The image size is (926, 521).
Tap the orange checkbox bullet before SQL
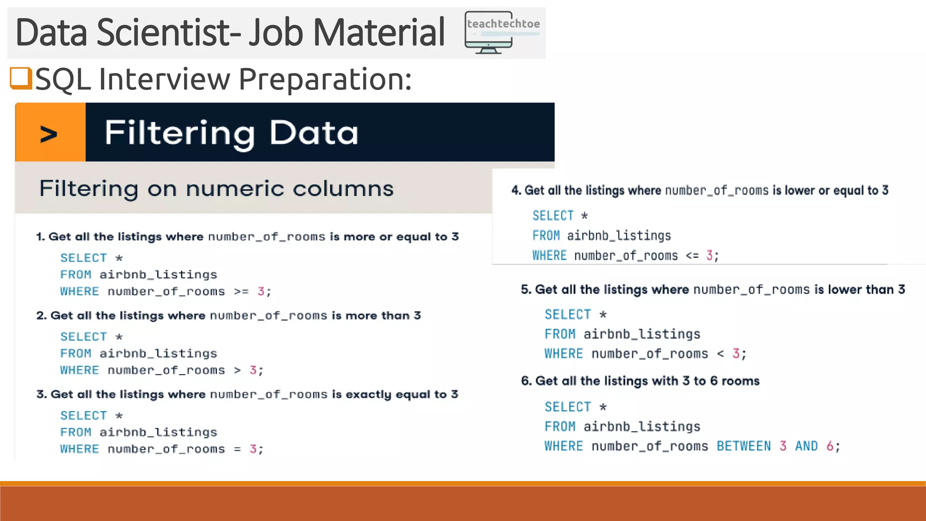[x=21, y=78]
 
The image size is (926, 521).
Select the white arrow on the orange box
[x=49, y=134]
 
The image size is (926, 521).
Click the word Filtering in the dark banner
[x=180, y=133]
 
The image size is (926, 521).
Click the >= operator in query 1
[x=241, y=292]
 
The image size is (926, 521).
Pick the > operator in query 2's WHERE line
[x=237, y=370]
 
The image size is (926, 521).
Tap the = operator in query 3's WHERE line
[x=237, y=449]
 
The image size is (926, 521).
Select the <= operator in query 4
[x=692, y=256]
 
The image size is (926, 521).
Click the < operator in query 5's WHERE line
[x=720, y=354]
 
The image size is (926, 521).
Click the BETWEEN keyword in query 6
[x=744, y=446]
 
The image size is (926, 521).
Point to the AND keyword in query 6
[x=806, y=446]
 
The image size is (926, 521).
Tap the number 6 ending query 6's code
[x=830, y=446]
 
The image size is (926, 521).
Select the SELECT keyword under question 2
[x=84, y=337]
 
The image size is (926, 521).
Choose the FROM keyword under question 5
[x=560, y=334]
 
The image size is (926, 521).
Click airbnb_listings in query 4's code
[x=619, y=236]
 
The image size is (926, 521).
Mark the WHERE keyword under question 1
[x=80, y=292]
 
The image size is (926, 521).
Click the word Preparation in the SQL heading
[x=325, y=79]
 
